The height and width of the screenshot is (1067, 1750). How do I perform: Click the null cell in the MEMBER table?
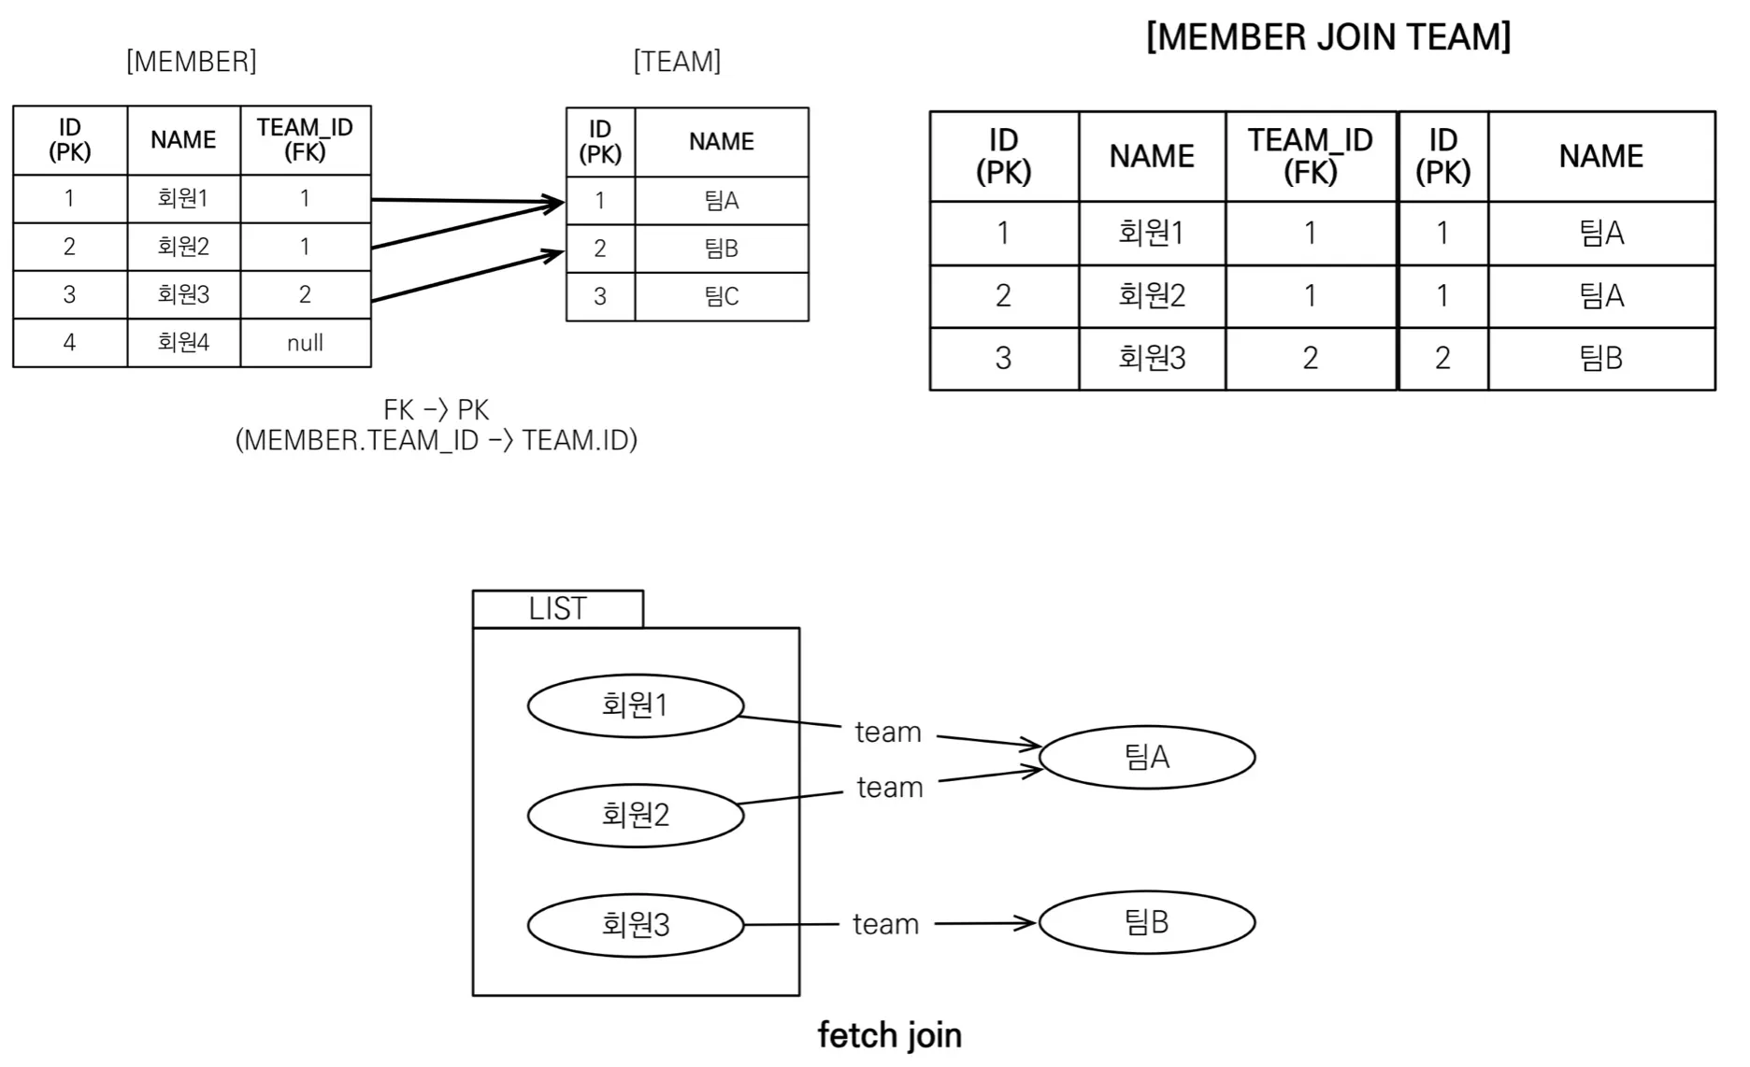click(305, 343)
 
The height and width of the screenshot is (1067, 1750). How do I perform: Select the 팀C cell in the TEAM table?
click(721, 296)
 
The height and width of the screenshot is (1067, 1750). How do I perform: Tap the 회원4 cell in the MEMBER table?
click(183, 342)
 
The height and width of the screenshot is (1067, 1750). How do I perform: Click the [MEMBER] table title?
click(192, 62)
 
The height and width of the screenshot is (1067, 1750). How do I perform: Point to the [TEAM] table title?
click(677, 62)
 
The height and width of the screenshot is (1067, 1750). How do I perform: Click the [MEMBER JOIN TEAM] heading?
click(1328, 37)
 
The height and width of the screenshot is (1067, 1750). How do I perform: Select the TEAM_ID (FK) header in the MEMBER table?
click(305, 140)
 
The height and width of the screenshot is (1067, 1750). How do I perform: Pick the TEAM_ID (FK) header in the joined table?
click(1310, 156)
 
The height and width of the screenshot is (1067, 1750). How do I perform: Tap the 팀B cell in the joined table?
click(1600, 358)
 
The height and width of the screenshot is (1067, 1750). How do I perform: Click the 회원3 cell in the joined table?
click(1152, 358)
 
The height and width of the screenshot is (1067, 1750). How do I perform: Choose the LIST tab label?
click(557, 609)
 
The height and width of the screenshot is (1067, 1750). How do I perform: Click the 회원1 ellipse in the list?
click(636, 705)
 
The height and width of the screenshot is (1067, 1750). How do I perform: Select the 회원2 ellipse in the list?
click(636, 815)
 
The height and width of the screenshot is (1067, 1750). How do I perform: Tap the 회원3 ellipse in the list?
click(636, 925)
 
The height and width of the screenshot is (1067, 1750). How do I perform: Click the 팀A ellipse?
click(1146, 757)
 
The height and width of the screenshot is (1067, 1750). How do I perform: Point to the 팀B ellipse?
click(1146, 922)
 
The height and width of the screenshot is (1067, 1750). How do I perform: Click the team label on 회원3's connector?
click(885, 924)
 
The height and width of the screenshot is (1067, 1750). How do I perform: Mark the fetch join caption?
click(889, 1035)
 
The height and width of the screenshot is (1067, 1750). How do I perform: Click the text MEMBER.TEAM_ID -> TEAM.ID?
click(437, 440)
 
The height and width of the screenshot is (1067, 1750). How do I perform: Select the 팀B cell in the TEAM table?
click(721, 249)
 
